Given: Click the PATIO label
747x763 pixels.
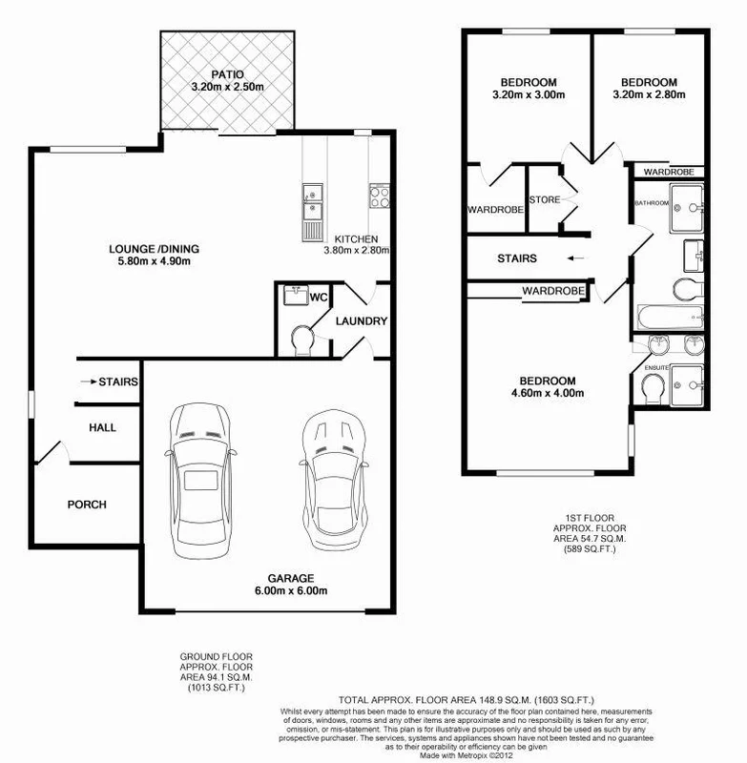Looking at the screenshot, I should point(227,74).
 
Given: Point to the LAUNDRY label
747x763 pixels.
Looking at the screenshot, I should point(362,321).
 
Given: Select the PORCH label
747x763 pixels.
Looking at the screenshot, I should point(87,505).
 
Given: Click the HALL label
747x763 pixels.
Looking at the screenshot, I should point(102,428).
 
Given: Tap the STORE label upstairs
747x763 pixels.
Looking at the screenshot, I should point(546,200).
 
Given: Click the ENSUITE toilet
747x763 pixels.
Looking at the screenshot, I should point(654,386).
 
